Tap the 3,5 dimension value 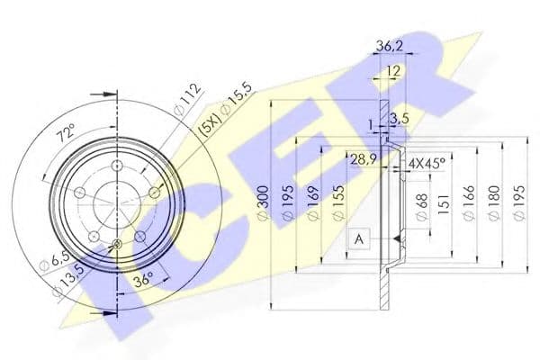[x=402, y=118]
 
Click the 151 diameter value [x=445, y=207]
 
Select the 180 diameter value [x=492, y=207]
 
